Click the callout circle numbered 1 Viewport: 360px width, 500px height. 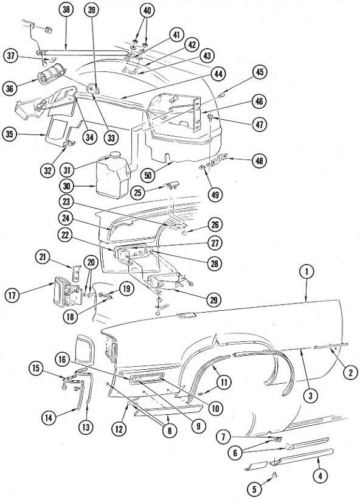(306, 272)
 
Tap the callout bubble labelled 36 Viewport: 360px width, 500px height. (10, 88)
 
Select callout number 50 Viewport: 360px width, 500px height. (148, 175)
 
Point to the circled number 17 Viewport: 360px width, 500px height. (12, 295)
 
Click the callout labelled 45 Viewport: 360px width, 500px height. (260, 72)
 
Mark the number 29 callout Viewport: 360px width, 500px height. (213, 300)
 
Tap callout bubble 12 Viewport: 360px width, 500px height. (119, 429)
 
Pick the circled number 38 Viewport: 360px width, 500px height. (66, 10)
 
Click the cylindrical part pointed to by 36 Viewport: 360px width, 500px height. (51, 74)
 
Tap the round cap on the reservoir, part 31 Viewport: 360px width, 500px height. (114, 155)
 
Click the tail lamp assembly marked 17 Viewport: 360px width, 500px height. (67, 292)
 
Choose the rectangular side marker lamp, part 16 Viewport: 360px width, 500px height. (147, 378)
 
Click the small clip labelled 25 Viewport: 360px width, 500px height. (171, 185)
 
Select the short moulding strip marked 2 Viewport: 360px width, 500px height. (330, 345)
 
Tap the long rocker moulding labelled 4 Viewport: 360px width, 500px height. (302, 456)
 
